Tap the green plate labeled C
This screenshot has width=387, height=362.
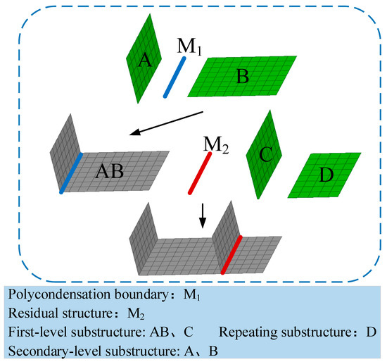tap(263, 156)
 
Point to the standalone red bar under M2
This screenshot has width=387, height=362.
tap(200, 174)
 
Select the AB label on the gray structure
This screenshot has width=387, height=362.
tap(111, 171)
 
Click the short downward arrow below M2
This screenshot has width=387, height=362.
tap(203, 216)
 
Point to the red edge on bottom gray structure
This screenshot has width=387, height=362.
tap(231, 254)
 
